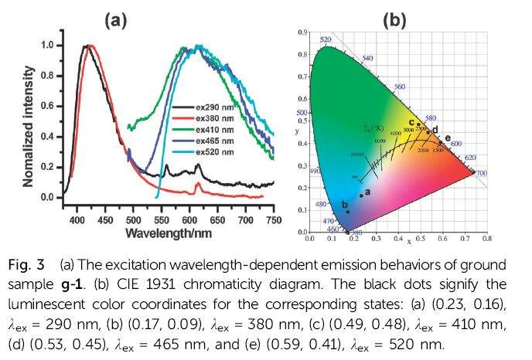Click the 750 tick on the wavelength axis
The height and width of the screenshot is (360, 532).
(272, 219)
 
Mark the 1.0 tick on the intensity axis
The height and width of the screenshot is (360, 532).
(47, 46)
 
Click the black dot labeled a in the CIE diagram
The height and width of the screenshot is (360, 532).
(361, 195)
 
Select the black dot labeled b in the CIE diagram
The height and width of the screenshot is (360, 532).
(348, 212)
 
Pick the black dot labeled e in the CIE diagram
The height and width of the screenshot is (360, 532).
(441, 141)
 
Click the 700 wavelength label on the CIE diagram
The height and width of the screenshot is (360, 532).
(481, 174)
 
